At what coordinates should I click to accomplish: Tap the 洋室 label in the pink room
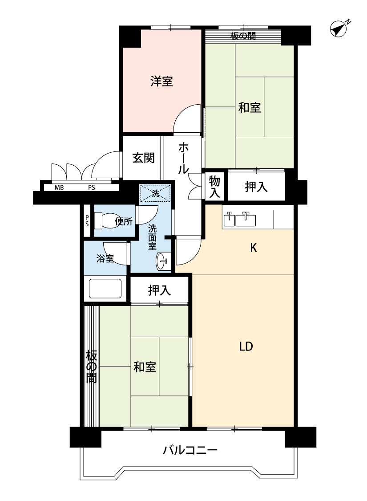point(161,81)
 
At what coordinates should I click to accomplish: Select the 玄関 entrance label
point(144,158)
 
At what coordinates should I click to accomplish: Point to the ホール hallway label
point(183,158)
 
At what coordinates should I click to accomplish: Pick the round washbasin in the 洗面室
point(162,261)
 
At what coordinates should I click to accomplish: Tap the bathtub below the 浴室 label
point(105,289)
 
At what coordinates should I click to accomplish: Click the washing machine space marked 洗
point(155,193)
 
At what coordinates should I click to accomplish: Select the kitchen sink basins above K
point(239,220)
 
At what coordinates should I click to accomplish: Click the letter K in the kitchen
point(254,247)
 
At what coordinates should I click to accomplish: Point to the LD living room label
point(246,346)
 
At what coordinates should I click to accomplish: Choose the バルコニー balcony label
point(190,451)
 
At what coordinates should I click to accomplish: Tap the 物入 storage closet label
point(214,187)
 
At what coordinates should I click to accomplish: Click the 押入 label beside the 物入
point(256,187)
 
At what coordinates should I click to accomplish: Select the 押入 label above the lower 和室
point(159,290)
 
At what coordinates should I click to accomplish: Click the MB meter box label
point(59,188)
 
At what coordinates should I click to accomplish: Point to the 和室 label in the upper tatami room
point(250,107)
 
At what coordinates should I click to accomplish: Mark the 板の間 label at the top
point(243,36)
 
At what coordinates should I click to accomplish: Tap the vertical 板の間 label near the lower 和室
point(91,367)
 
